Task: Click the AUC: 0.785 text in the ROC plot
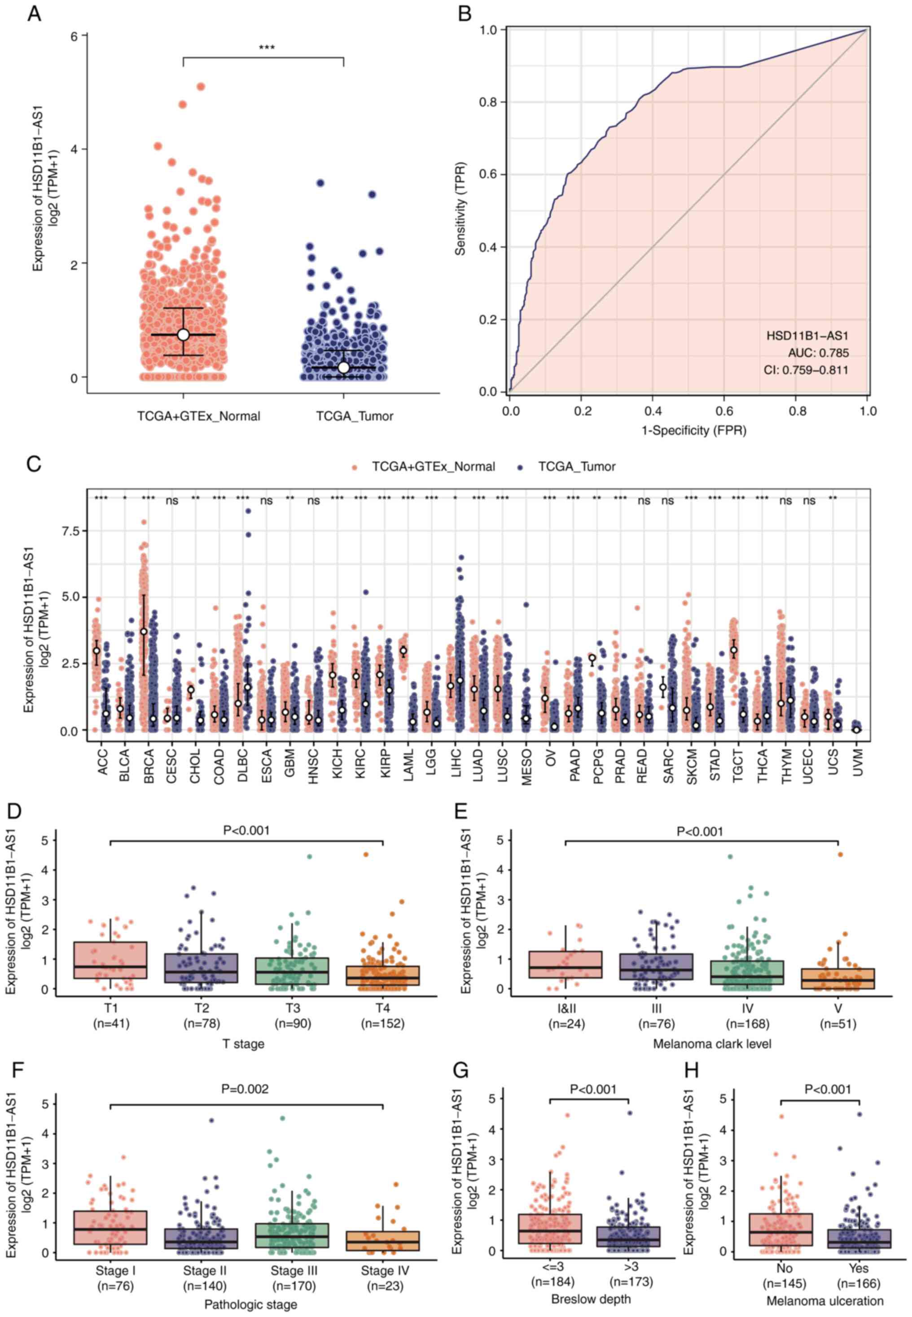818,353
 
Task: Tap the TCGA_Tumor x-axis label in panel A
355,416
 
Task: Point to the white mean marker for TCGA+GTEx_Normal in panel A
183,335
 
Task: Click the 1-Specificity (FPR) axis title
694,430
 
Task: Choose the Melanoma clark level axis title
712,1044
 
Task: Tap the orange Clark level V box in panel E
838,978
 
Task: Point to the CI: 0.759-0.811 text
806,370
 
